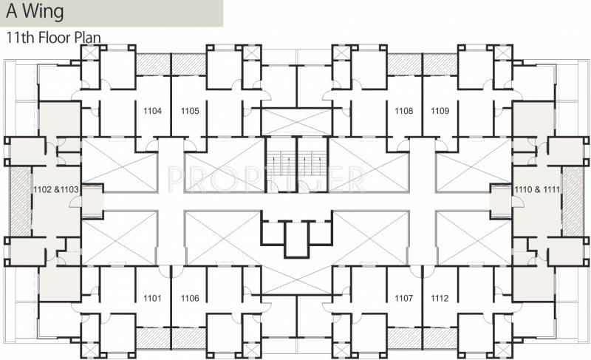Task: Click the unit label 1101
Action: pyautogui.click(x=153, y=298)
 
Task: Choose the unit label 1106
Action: pyautogui.click(x=190, y=298)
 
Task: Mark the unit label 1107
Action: pyautogui.click(x=403, y=298)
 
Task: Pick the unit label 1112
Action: pyautogui.click(x=440, y=298)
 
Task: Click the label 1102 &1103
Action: pyautogui.click(x=55, y=190)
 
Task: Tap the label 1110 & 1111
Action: pyautogui.click(x=537, y=190)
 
